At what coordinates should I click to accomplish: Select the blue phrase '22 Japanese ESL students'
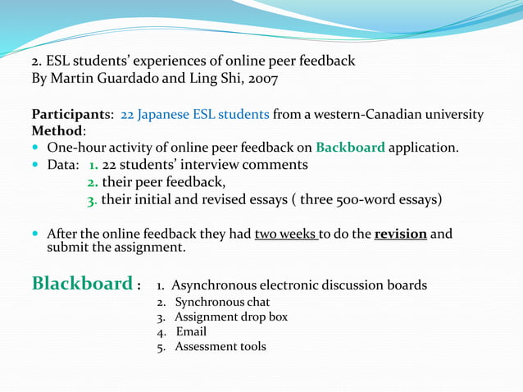[x=195, y=115]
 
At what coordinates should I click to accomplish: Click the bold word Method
[x=57, y=131]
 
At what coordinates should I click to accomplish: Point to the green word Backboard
[x=350, y=148]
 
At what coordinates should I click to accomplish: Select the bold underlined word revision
[x=400, y=234]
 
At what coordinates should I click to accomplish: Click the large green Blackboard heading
[x=81, y=284]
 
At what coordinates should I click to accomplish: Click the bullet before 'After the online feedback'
[x=37, y=235]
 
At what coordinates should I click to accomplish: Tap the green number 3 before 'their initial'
[x=91, y=198]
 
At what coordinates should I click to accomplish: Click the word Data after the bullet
[x=62, y=165]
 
